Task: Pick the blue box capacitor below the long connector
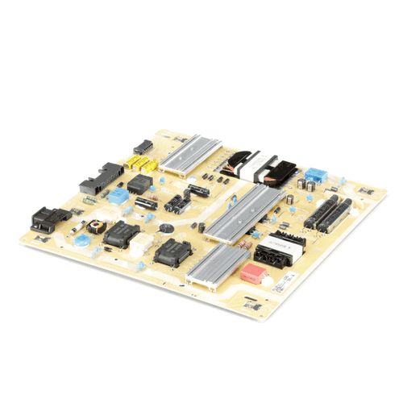point(118,195)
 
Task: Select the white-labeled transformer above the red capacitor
point(276,249)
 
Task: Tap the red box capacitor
point(254,272)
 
